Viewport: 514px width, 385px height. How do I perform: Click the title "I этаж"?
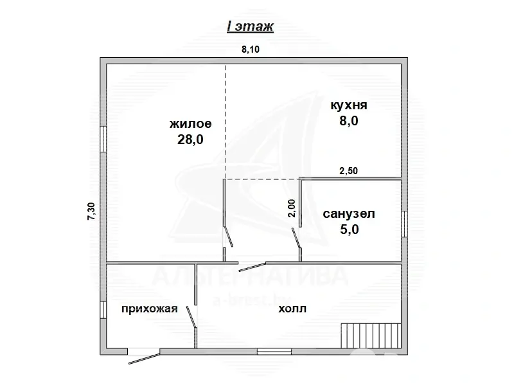click(x=251, y=26)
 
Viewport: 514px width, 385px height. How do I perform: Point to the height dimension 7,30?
click(x=91, y=211)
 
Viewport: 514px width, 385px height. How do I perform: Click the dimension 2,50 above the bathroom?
click(x=349, y=170)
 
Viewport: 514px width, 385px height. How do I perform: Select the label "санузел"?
click(x=349, y=213)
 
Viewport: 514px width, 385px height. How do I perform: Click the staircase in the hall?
click(x=371, y=336)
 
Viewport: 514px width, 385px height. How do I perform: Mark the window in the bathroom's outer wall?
click(x=404, y=223)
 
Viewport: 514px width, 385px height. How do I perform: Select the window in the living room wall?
click(x=103, y=139)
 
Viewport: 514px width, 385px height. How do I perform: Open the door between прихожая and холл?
click(x=191, y=318)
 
